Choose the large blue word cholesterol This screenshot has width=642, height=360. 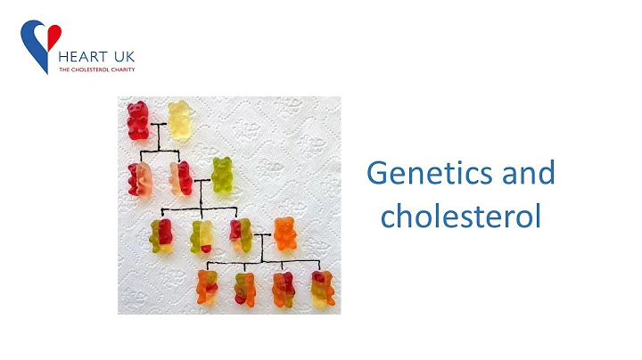click(x=461, y=216)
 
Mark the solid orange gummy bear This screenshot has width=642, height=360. click(x=285, y=234)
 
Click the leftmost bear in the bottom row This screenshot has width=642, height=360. click(x=208, y=287)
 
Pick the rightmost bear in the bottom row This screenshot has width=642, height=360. click(x=323, y=287)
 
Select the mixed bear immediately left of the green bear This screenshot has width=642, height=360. click(x=181, y=177)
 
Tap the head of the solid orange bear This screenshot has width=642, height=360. click(x=285, y=224)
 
